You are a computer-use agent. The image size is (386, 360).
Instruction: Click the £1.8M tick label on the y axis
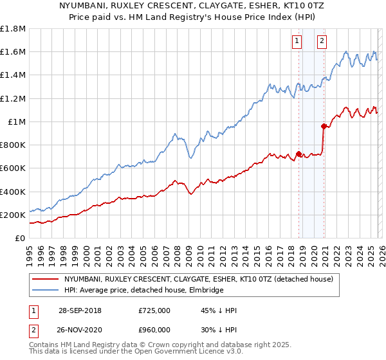point(13,29)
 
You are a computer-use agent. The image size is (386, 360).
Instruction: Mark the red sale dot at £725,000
point(299,154)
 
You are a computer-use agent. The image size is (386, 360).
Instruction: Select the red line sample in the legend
point(46,280)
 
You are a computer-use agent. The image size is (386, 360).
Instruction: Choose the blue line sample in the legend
point(46,291)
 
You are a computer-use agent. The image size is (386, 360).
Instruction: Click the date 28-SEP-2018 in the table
point(80,311)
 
